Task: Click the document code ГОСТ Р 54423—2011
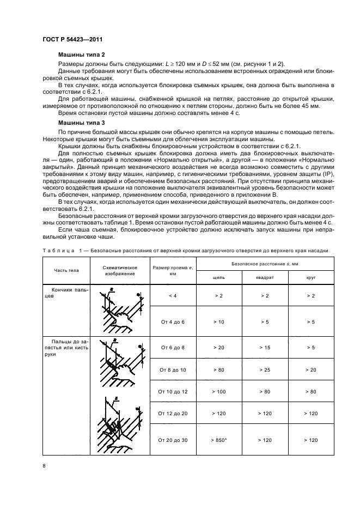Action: click(x=72, y=40)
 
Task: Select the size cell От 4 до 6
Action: click(x=173, y=322)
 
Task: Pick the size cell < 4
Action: click(x=173, y=295)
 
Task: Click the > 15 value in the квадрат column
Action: click(x=265, y=347)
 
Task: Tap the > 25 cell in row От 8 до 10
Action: click(x=265, y=369)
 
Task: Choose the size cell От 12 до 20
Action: click(x=173, y=414)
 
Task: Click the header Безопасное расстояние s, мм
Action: click(x=265, y=263)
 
